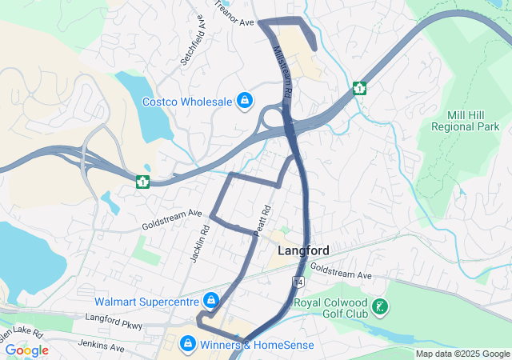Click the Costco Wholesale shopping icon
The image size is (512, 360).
click(245, 102)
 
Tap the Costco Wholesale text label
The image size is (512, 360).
click(187, 102)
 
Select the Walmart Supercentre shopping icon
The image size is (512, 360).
click(210, 302)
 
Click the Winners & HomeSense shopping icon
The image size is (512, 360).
click(187, 345)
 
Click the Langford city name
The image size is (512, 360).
click(303, 250)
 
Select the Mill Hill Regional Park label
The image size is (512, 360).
click(465, 120)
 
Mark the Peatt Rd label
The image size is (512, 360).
click(262, 221)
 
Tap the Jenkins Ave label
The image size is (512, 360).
click(102, 346)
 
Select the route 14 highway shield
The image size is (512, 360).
click(297, 282)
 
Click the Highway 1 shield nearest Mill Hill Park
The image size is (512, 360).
click(360, 88)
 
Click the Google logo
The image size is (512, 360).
click(26, 350)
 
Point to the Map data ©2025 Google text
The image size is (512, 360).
click(462, 354)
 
